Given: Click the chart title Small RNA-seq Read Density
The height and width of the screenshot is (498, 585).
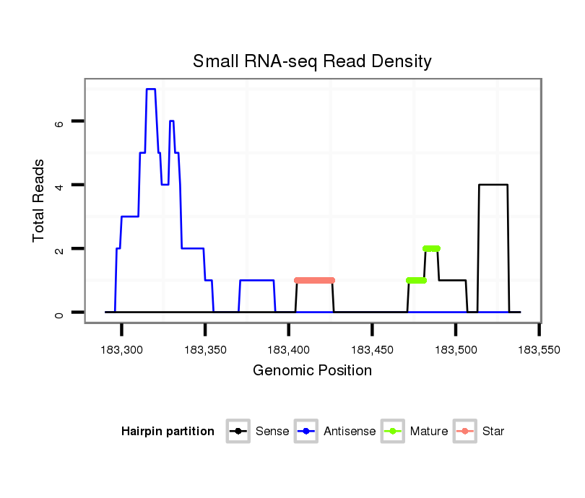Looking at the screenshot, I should point(312,61).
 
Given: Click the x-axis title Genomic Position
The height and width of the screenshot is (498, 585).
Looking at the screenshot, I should point(312,371).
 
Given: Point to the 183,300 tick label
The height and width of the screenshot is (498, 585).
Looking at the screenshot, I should point(121,349).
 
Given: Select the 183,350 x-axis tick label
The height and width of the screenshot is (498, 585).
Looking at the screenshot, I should point(205,349).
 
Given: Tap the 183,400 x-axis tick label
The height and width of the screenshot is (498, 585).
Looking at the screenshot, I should point(289,349).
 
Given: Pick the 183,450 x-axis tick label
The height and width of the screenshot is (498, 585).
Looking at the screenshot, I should point(372,349).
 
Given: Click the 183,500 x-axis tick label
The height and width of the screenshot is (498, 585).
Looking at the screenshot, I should point(456,349).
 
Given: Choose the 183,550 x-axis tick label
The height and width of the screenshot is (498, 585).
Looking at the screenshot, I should point(539,349).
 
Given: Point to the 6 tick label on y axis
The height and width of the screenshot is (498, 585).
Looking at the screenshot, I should point(60,122).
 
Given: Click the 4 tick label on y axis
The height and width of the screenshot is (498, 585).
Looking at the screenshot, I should point(60,185).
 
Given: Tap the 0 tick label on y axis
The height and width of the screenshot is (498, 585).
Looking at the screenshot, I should point(60,313).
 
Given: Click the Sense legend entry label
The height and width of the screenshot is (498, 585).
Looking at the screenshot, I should point(272,432).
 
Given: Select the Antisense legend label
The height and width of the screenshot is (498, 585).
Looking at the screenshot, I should point(350,432).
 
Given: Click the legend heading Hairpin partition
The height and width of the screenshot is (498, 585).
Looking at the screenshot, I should point(168,432).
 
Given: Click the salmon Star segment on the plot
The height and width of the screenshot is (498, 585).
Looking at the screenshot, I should point(314,280).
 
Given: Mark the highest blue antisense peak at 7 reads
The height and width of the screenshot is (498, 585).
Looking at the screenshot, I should point(151,89).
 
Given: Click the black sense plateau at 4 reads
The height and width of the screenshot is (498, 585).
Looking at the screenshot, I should point(493,185).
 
